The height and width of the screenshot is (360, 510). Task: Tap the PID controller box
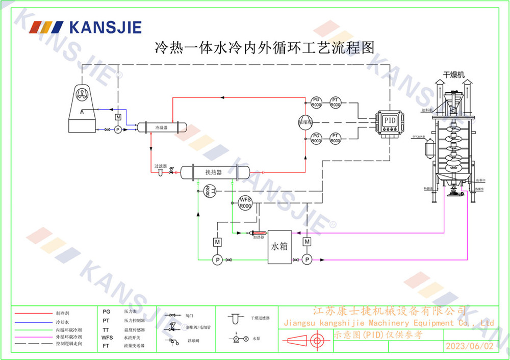[x=390, y=120]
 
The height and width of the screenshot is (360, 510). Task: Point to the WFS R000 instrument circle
[x=246, y=202]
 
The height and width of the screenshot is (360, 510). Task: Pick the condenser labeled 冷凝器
[x=162, y=127]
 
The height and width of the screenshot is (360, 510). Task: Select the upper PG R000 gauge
[x=316, y=101]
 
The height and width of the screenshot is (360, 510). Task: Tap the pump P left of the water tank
[x=216, y=260]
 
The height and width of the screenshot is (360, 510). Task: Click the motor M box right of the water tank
[x=307, y=241]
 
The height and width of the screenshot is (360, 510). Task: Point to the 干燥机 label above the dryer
[x=453, y=74]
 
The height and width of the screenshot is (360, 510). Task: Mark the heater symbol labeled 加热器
[x=258, y=234]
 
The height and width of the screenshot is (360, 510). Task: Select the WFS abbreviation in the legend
[x=107, y=338]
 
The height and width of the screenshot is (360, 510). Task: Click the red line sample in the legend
[x=32, y=313]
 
